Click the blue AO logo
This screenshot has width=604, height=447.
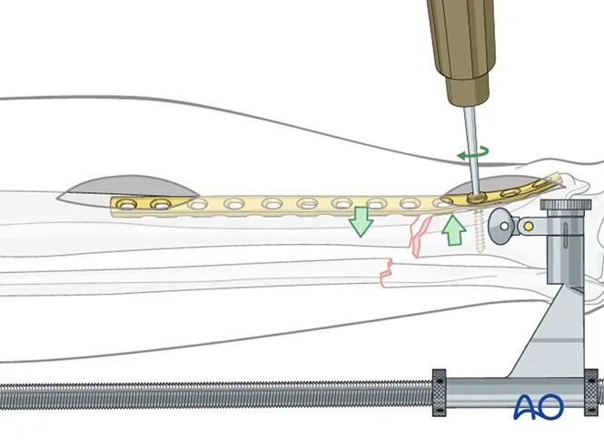[539, 406]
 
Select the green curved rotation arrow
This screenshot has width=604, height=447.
[474, 154]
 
